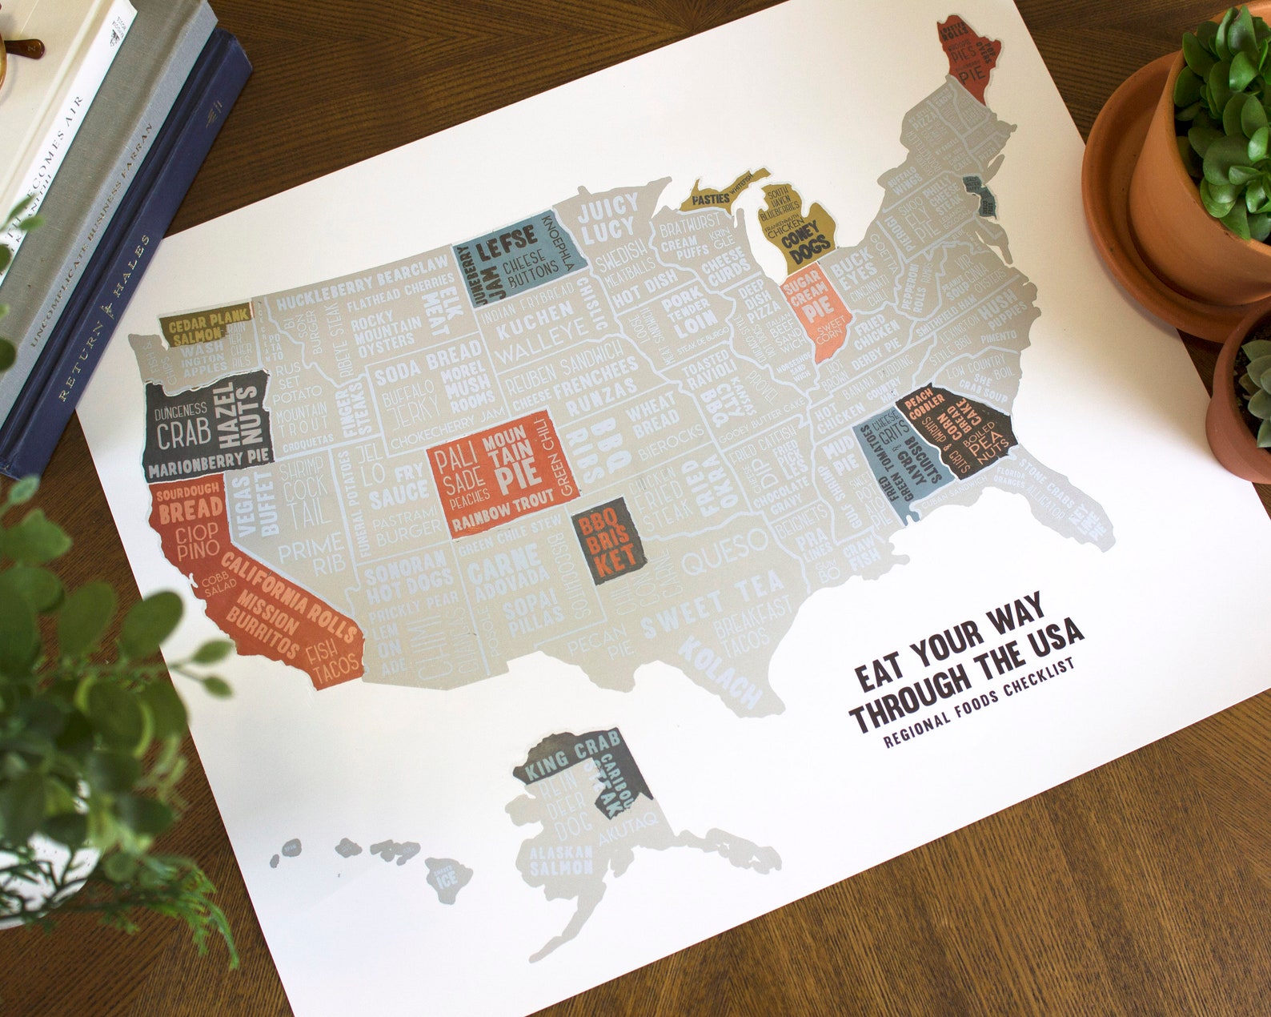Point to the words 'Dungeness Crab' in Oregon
[182, 424]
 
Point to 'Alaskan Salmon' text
[561, 860]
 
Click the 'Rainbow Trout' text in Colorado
[503, 512]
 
